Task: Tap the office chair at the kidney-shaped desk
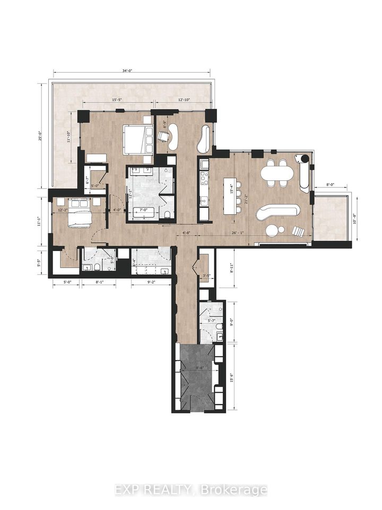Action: [x=164, y=136]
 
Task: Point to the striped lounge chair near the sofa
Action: [x=298, y=230]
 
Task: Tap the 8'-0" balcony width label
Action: [x=329, y=185]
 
